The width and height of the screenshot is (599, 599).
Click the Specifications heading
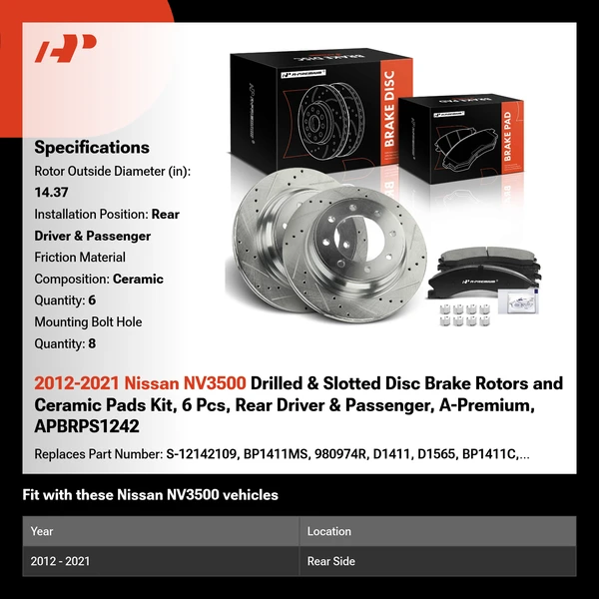91,147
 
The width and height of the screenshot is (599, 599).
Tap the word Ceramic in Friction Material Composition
138,279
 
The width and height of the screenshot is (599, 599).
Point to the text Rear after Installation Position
166,214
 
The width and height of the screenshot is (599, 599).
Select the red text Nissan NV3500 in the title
189,383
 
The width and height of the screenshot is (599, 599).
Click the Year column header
42,531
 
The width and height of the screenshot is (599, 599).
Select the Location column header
329,531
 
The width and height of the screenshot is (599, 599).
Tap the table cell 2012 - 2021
61,561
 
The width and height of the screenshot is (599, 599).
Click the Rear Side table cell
331,561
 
